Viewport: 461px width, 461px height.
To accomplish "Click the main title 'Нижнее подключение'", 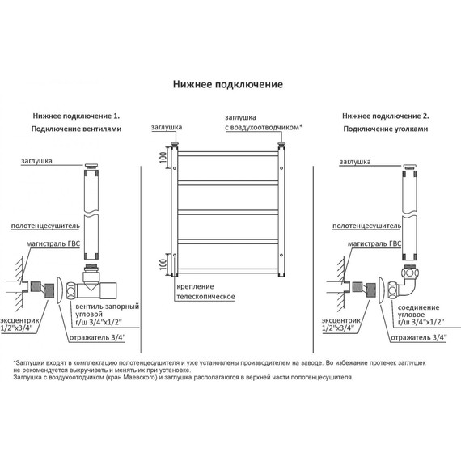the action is [x=228, y=85].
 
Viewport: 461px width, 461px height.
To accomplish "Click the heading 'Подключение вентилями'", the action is [x=76, y=129].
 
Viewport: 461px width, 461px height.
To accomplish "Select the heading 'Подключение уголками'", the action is [x=386, y=129].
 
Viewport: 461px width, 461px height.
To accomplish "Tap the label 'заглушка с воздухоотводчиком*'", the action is [x=264, y=123].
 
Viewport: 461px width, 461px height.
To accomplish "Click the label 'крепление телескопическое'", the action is [x=205, y=292].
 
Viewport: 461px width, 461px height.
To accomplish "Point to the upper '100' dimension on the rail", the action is [x=163, y=157].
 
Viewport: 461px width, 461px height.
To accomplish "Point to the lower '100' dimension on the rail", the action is [x=163, y=264].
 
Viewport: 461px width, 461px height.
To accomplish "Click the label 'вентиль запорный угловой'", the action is [x=107, y=311].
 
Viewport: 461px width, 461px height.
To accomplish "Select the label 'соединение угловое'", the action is [x=418, y=311].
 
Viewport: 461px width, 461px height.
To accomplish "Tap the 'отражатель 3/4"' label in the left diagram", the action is [x=97, y=338].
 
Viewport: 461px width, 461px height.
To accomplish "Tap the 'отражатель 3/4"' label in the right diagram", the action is [x=419, y=338].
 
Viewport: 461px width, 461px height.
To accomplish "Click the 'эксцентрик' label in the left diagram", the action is [x=19, y=321].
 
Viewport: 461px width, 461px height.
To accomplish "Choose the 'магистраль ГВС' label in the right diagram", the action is [x=374, y=243].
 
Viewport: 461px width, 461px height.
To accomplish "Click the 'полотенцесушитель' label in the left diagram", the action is [x=45, y=226].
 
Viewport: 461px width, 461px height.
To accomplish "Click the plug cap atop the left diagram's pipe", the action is [x=92, y=166].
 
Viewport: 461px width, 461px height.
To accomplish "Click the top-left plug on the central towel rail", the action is [x=175, y=144].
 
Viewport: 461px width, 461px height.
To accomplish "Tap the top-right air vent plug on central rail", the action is [x=282, y=144].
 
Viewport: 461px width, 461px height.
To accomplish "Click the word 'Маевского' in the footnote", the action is [x=139, y=378].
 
